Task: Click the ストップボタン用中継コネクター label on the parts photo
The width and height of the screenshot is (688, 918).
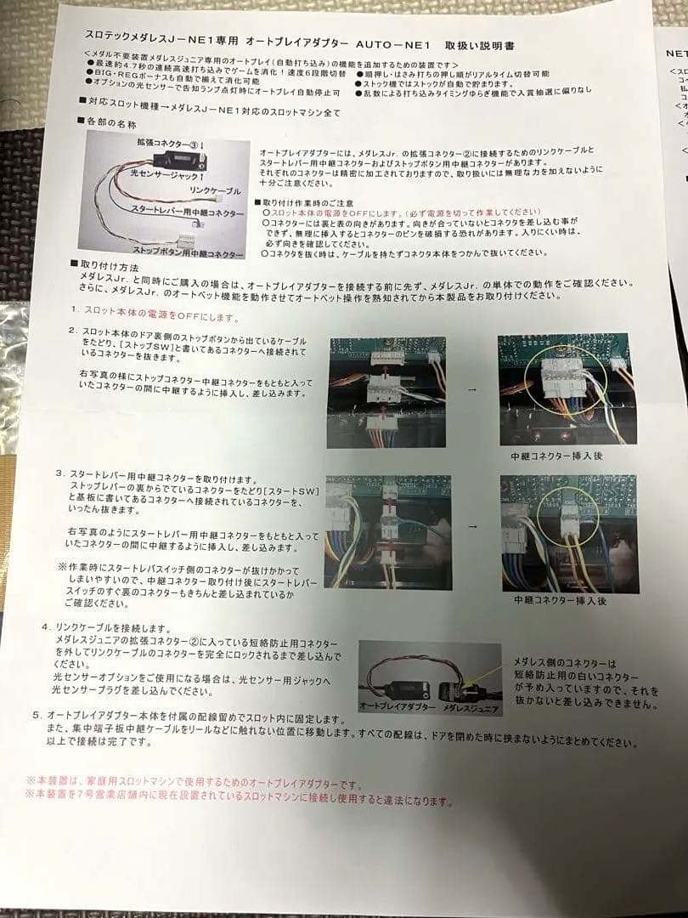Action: (188, 252)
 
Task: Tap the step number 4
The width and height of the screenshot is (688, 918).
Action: (45, 626)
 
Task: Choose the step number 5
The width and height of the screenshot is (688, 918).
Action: (37, 716)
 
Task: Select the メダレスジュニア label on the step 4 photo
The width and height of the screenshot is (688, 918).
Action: (471, 708)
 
